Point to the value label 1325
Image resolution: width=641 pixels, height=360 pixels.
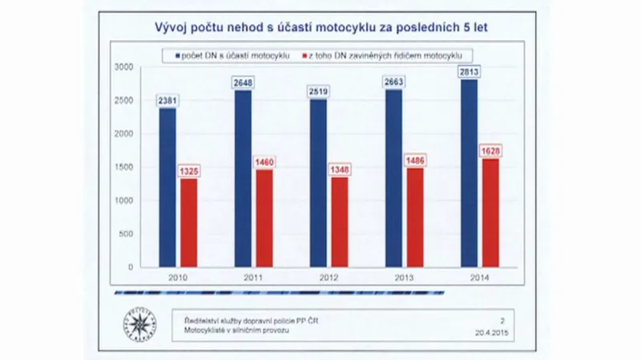tap(188, 172)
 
